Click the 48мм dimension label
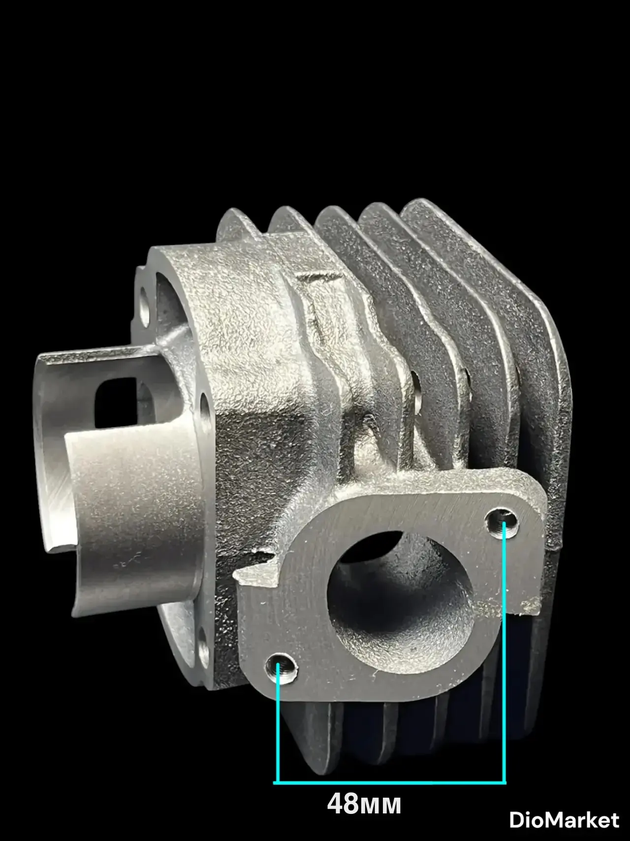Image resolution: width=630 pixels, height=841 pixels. (x=364, y=804)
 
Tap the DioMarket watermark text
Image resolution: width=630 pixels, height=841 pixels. (x=564, y=820)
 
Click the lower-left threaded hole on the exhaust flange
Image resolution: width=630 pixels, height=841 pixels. (x=282, y=669)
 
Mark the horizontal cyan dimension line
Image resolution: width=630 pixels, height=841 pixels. (x=389, y=782)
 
